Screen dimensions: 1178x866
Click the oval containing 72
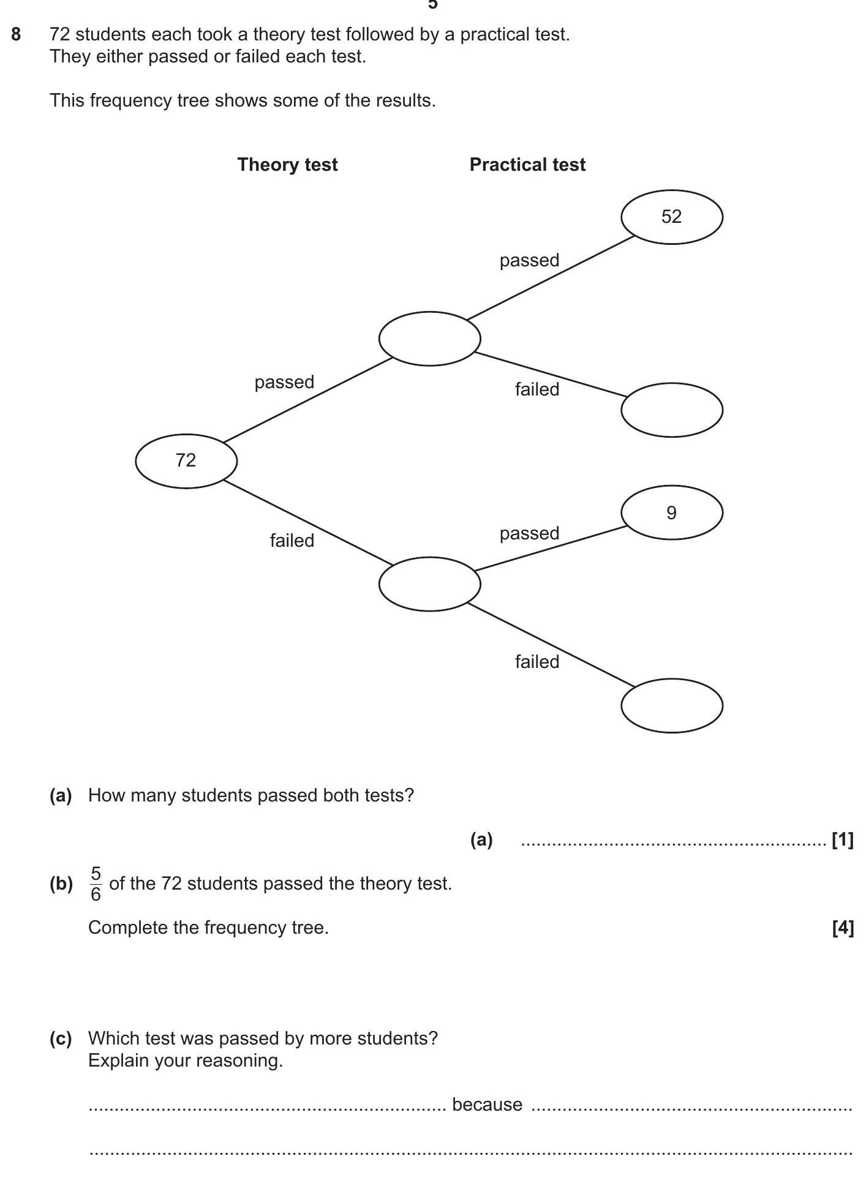[186, 461]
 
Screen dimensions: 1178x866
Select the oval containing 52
[671, 217]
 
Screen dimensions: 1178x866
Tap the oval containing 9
[671, 512]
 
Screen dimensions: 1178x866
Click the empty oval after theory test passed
[429, 339]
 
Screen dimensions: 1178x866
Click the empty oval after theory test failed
[429, 583]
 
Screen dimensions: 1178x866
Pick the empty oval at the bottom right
[671, 705]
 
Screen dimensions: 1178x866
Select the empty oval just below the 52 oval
[671, 410]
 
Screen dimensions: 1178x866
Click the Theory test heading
[287, 165]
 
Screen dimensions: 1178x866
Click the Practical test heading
[527, 165]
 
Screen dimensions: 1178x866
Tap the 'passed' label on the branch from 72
[284, 382]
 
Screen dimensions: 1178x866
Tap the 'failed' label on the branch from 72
[292, 541]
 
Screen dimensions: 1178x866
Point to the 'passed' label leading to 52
[529, 260]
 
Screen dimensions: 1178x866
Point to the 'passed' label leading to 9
[529, 533]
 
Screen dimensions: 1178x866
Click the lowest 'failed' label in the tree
[537, 662]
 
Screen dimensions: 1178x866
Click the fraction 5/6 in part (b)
[96, 883]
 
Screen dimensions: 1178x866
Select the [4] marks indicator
[843, 928]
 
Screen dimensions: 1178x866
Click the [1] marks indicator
[843, 840]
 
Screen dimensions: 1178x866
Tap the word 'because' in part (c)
[487, 1105]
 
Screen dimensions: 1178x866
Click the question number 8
[17, 35]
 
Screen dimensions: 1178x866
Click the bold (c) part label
[61, 1038]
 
